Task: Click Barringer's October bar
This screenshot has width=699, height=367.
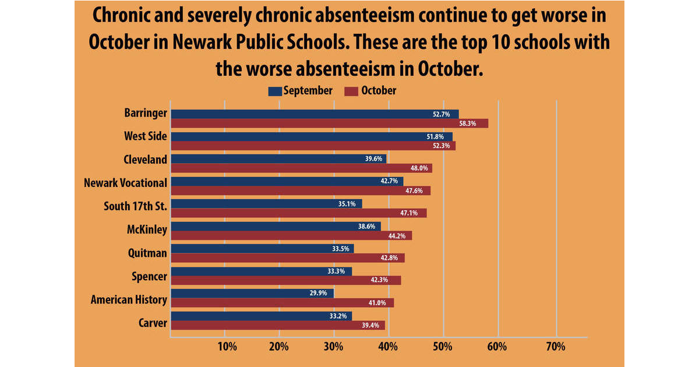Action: pos(329,123)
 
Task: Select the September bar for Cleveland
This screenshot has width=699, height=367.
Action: pos(278,159)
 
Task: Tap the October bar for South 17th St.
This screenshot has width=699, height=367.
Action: pos(298,213)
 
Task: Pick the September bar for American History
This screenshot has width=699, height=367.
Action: pos(252,293)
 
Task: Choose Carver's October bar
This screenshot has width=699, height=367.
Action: pos(277,325)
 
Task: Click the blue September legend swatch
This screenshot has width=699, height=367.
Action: pos(275,91)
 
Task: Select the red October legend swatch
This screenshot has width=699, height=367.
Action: pos(351,91)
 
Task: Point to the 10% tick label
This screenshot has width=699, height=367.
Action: pos(227,347)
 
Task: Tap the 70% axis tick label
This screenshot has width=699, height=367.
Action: pos(556,347)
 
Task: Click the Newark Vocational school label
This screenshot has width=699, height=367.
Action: pos(125,183)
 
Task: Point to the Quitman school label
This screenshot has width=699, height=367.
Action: pos(147,253)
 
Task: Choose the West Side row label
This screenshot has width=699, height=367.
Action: pos(145,136)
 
